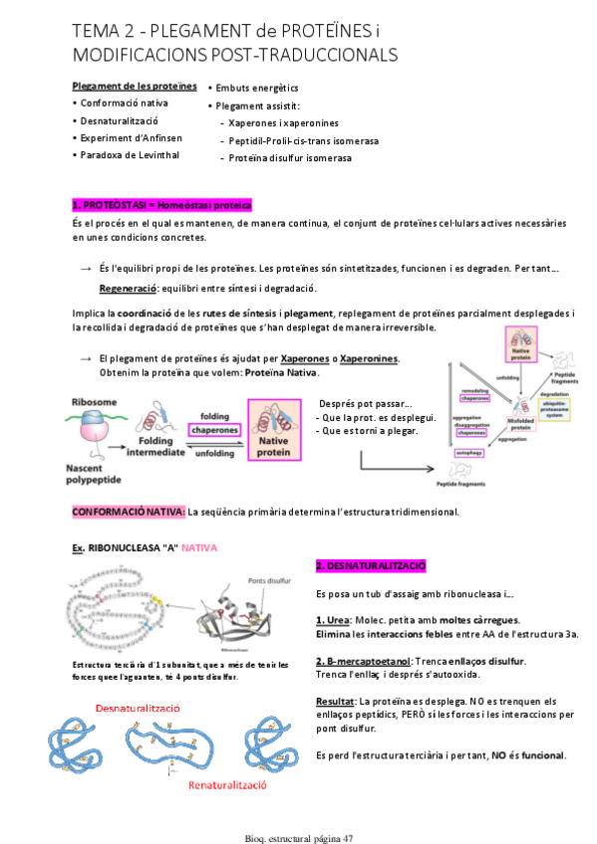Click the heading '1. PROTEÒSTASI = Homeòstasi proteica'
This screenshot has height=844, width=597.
tap(161, 204)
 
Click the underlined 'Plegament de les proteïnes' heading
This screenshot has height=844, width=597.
tap(135, 86)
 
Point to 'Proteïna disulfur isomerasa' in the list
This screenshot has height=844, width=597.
tap(289, 157)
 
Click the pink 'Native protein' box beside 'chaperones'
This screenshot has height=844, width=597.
tap(276, 430)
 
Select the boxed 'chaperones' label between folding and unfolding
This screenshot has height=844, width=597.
tap(214, 430)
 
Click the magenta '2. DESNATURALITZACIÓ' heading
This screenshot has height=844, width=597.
tap(371, 565)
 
